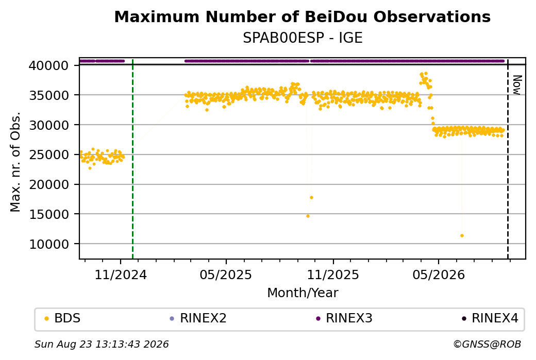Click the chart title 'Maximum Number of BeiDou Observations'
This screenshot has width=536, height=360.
pyautogui.click(x=302, y=16)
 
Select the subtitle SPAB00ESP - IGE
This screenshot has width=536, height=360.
pyautogui.click(x=303, y=38)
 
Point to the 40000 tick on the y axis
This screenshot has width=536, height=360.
pyautogui.click(x=49, y=65)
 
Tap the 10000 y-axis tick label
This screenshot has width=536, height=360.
pyautogui.click(x=49, y=244)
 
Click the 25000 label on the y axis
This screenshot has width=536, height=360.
pyautogui.click(x=49, y=155)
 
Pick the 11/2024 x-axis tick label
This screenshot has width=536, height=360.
pyautogui.click(x=120, y=275)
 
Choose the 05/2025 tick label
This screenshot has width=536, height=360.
pyautogui.click(x=226, y=275)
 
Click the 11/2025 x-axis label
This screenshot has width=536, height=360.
pyautogui.click(x=333, y=275)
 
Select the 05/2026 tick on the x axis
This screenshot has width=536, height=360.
pyautogui.click(x=439, y=275)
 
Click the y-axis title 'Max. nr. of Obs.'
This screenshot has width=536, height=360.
pyautogui.click(x=15, y=162)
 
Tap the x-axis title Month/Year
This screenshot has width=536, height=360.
pyautogui.click(x=303, y=293)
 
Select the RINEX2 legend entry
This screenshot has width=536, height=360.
pyautogui.click(x=198, y=318)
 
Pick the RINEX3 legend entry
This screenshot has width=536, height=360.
pyautogui.click(x=344, y=318)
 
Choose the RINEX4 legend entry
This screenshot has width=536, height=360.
pyautogui.click(x=490, y=318)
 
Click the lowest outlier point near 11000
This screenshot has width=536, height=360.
pyautogui.click(x=462, y=236)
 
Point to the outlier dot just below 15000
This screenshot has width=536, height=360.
pyautogui.click(x=308, y=216)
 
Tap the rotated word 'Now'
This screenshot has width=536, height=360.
pyautogui.click(x=517, y=85)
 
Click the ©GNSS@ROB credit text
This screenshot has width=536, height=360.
pyautogui.click(x=487, y=344)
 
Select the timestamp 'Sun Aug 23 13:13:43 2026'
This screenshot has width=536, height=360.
pyautogui.click(x=102, y=344)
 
